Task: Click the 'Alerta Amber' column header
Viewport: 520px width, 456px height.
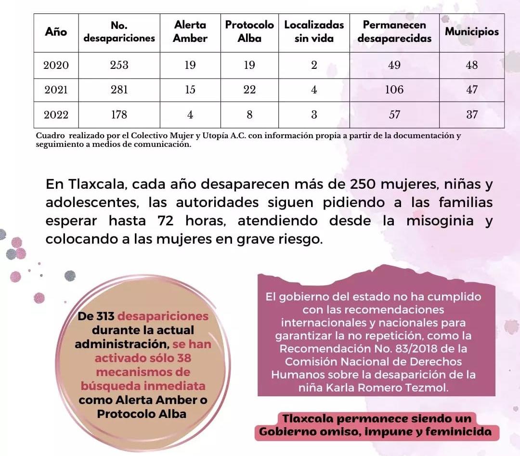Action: click(190, 32)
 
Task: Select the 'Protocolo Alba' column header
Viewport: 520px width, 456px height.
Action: click(249, 32)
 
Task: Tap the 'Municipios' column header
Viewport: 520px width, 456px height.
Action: click(471, 32)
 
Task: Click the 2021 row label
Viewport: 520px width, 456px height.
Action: click(56, 90)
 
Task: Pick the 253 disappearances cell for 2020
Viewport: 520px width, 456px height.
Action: click(119, 65)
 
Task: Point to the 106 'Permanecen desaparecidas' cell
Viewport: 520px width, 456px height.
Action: click(394, 90)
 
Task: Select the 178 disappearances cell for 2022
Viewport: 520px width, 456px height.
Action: click(119, 115)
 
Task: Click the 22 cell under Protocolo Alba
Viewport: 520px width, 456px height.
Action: click(249, 90)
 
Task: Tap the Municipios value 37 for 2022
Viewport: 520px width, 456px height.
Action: click(472, 115)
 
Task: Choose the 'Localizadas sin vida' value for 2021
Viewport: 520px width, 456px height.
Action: click(314, 90)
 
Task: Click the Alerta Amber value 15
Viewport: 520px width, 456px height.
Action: click(190, 90)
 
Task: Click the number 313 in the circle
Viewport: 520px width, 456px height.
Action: click(104, 316)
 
